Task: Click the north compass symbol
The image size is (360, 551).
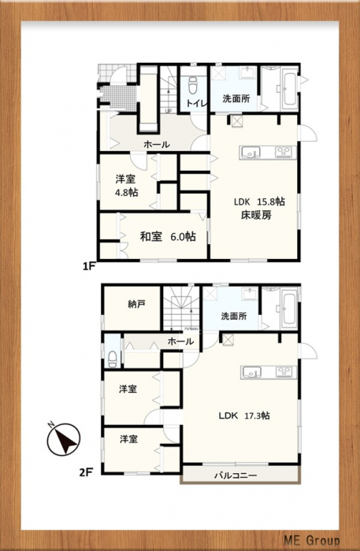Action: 63,438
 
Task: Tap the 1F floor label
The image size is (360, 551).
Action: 89,267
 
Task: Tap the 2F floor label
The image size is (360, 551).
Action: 86,472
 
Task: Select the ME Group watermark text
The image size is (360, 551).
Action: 312,540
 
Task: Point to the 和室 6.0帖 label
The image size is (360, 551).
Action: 168,237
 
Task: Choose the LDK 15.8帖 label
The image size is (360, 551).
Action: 259,202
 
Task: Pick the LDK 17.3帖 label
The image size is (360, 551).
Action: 244,416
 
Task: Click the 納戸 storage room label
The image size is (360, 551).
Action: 136,305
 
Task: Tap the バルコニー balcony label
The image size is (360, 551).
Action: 236,475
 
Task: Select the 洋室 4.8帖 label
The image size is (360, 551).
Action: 126,186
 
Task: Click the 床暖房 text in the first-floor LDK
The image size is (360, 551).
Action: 256,215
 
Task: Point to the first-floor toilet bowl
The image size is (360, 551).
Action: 193,84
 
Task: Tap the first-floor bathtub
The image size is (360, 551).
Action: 290,89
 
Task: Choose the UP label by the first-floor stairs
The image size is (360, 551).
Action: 168,112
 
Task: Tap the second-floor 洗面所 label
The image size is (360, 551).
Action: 234,316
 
